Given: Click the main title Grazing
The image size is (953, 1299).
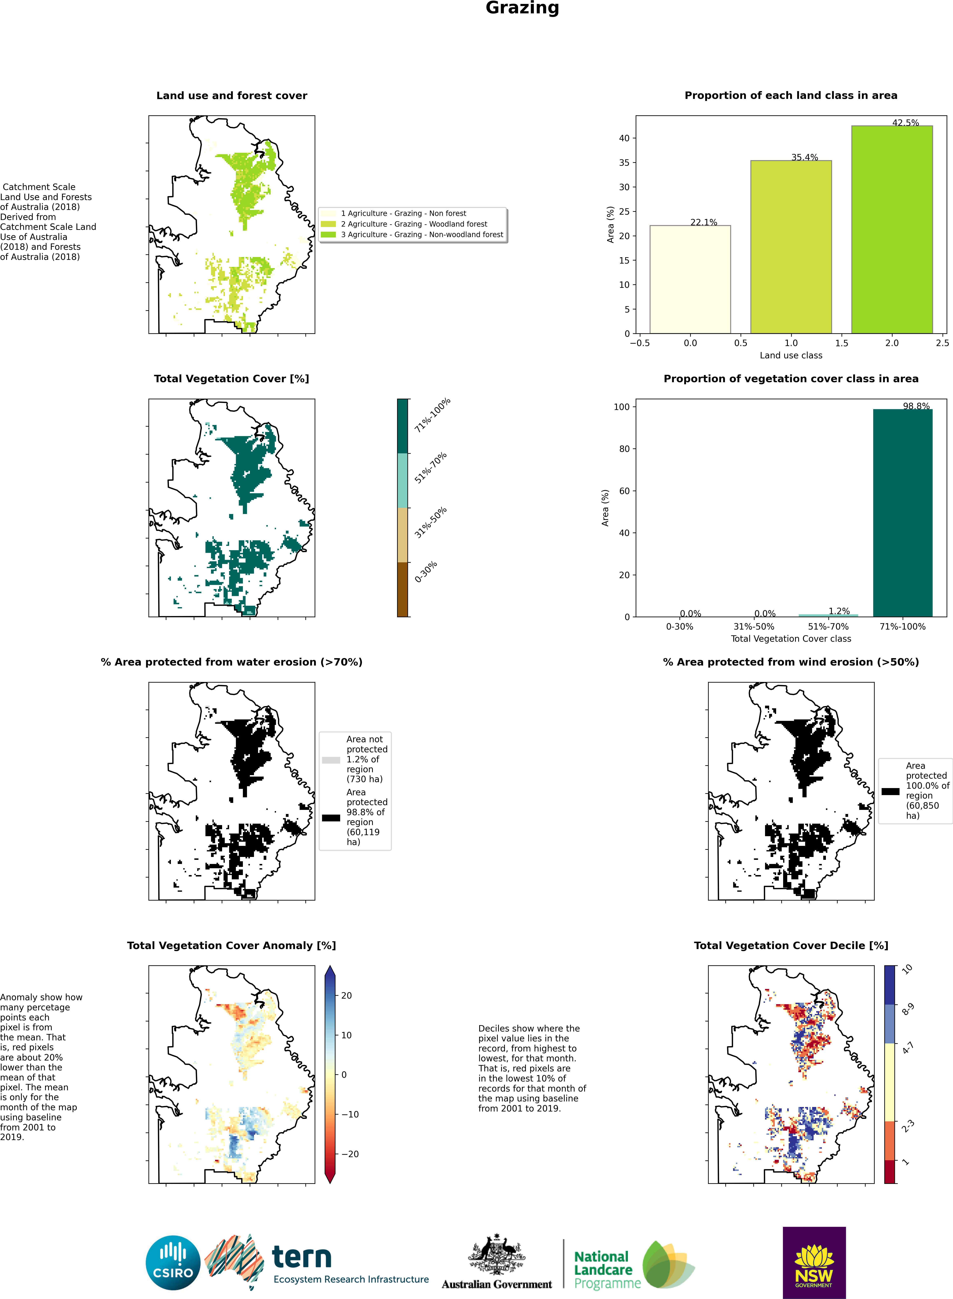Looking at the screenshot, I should coord(522,8).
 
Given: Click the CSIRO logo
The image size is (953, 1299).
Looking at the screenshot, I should coord(173,1263).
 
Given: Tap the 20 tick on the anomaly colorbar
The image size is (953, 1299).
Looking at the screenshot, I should coord(346,996).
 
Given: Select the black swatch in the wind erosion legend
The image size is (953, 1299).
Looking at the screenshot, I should coord(890,791).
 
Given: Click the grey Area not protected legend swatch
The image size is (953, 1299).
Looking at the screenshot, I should coord(331,760).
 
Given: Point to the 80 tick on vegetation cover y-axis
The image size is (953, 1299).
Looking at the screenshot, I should coord(624,449).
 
